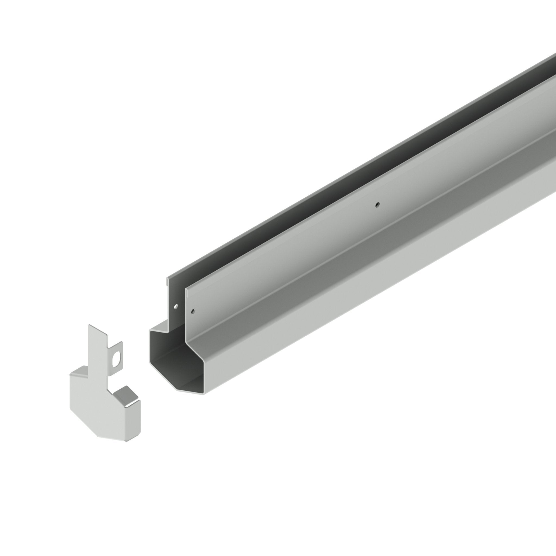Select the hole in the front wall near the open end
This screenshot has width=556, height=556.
[193, 311]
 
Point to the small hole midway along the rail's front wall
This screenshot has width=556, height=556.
[378, 205]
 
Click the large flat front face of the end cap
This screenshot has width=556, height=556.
[95, 409]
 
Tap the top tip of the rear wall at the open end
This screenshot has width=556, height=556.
[168, 279]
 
